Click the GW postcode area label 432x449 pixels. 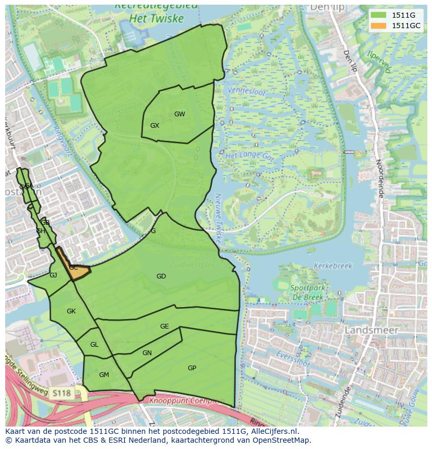click(x=179, y=114)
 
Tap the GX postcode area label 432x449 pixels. click(x=154, y=126)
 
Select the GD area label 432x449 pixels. click(x=161, y=276)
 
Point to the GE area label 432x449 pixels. click(x=164, y=326)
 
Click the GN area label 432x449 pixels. click(x=147, y=353)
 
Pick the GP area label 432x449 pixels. click(x=192, y=368)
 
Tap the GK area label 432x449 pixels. click(x=71, y=311)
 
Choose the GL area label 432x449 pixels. click(x=94, y=345)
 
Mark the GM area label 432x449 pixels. click(x=104, y=375)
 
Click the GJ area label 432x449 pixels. click(x=53, y=275)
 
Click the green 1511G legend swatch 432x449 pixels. click(x=378, y=16)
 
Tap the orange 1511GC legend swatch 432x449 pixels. click(x=378, y=26)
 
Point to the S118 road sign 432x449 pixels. click(x=61, y=392)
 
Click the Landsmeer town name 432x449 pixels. click(x=371, y=330)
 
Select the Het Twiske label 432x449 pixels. click(x=158, y=19)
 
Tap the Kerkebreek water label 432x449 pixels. click(x=333, y=266)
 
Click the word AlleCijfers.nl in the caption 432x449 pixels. click(x=271, y=431)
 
